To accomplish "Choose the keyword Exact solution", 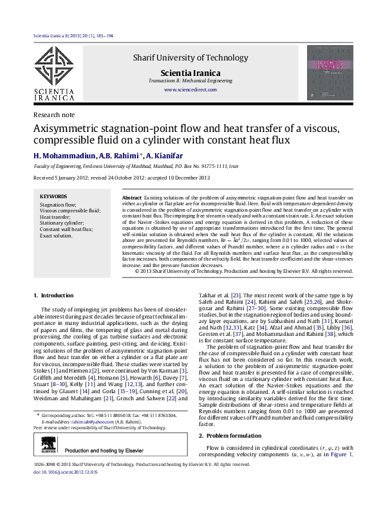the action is pos(56,236).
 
